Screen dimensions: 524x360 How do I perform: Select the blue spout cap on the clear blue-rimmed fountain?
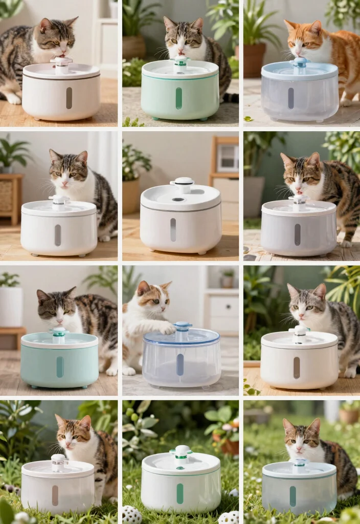click(183, 326)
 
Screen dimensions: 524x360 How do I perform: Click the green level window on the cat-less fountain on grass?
click(180, 493)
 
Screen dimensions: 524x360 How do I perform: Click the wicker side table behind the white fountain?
click(11, 197)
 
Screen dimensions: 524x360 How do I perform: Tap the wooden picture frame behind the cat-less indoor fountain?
click(227, 157)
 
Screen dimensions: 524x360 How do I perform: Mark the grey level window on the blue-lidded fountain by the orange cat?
click(290, 98)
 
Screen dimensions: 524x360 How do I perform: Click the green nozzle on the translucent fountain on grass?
click(300, 463)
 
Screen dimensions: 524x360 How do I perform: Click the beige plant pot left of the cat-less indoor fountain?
click(131, 194)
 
